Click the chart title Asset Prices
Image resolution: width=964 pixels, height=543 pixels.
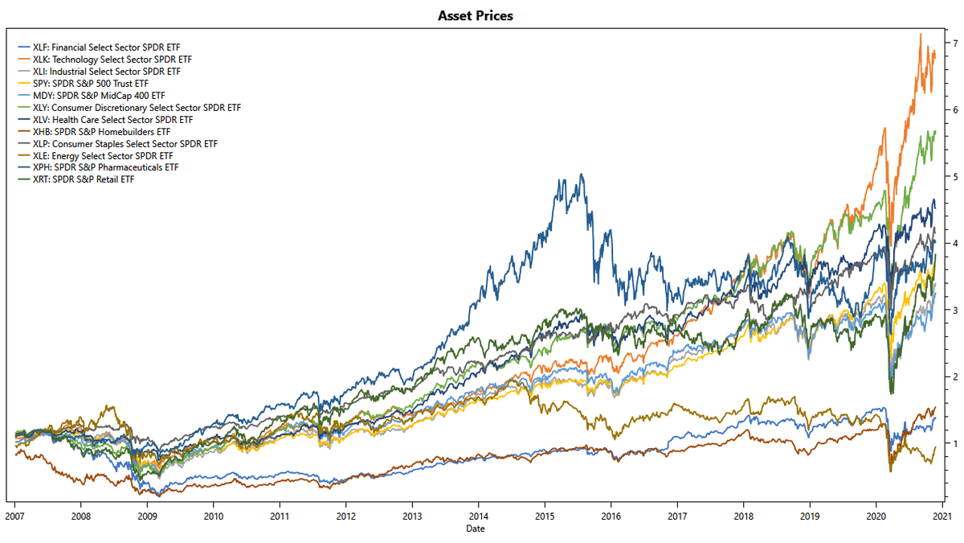(475, 15)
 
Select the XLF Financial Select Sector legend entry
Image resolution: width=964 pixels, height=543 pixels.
(104, 47)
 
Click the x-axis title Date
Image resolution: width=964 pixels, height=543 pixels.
(475, 529)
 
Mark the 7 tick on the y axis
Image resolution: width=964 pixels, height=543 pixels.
(954, 42)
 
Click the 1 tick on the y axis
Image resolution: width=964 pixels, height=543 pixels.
(954, 443)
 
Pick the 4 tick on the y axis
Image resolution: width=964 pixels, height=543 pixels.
(954, 243)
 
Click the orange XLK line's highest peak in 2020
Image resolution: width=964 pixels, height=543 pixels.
(920, 34)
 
